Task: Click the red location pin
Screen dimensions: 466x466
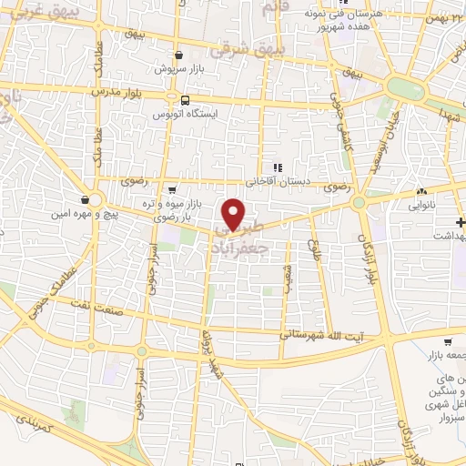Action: point(235,213)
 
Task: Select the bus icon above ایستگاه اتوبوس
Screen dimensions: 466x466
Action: point(186,100)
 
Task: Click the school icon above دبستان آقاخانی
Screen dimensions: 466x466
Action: point(279,167)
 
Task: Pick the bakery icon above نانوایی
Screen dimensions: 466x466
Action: point(421,192)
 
